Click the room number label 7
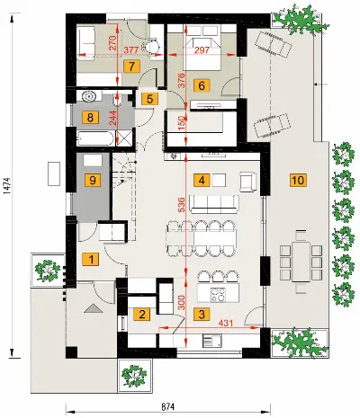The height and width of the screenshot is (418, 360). (131, 67)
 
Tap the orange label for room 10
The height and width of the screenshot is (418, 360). (298, 181)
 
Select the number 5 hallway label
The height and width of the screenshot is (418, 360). (150, 99)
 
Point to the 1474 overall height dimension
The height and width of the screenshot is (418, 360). (7, 185)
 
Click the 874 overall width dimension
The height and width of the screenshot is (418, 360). (168, 407)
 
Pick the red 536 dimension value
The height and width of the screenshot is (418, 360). (182, 204)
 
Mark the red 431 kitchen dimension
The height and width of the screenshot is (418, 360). (226, 324)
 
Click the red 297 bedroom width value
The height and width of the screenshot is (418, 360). (202, 50)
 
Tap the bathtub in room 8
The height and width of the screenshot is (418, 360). (96, 138)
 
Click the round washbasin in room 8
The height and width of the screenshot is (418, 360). (89, 96)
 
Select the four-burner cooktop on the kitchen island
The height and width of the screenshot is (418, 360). (218, 294)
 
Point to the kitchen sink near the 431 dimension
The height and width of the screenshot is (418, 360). (212, 341)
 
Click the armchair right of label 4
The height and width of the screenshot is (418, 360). (248, 182)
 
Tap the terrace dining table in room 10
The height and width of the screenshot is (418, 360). (301, 262)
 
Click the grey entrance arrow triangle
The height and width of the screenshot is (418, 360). (94, 308)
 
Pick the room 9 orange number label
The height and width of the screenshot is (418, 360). (93, 181)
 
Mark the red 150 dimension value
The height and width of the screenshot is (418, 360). (182, 123)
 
